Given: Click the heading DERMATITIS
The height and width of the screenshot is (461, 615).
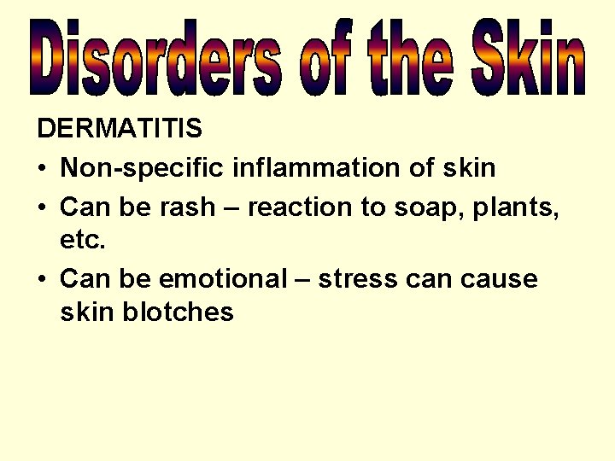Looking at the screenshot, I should click(x=120, y=129).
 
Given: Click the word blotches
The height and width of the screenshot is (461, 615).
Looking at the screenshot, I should click(x=178, y=312).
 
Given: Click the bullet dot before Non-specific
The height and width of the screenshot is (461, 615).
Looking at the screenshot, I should click(x=43, y=169).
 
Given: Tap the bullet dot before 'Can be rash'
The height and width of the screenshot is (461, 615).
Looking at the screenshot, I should click(x=43, y=207).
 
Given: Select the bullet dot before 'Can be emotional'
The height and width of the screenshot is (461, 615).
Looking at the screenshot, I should click(x=43, y=280).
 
